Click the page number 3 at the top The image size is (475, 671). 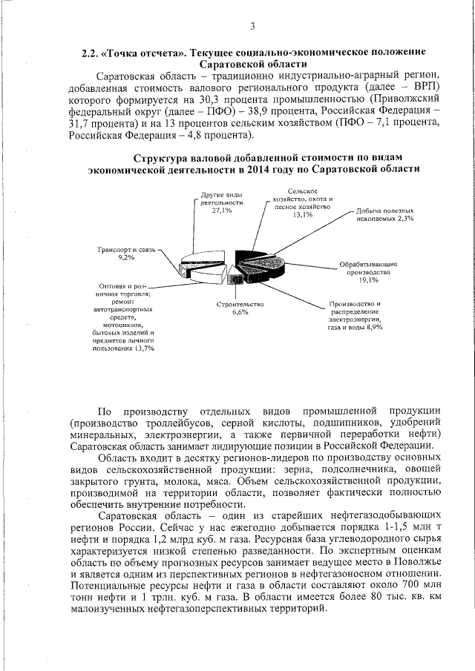[252, 27]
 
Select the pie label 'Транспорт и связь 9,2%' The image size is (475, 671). [126, 253]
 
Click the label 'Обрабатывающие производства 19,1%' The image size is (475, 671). [368, 272]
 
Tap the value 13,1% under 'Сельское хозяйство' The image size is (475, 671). [301, 215]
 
